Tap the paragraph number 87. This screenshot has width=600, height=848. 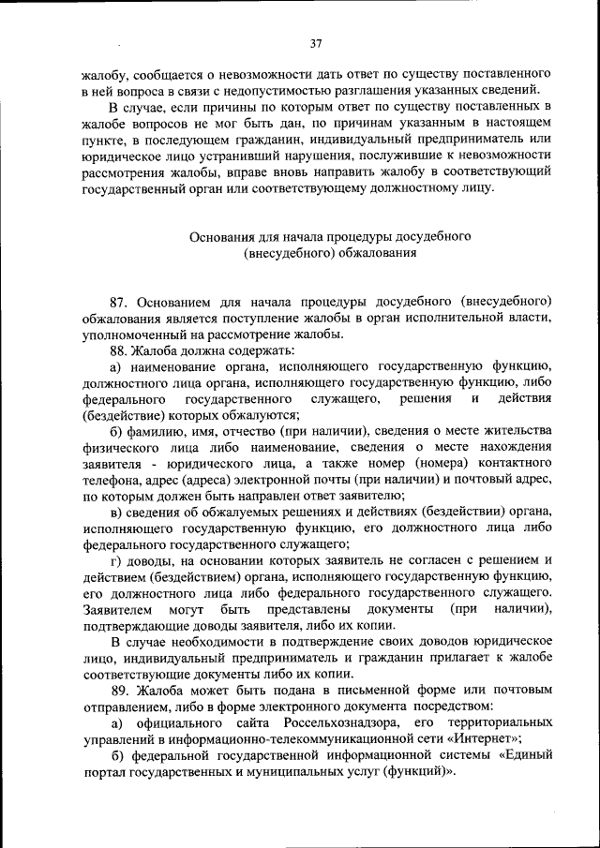[119, 303]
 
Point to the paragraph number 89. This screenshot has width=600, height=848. [119, 691]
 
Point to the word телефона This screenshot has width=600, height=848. [112, 481]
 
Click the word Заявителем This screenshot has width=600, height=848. [117, 610]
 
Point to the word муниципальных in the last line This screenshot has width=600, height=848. [305, 773]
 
